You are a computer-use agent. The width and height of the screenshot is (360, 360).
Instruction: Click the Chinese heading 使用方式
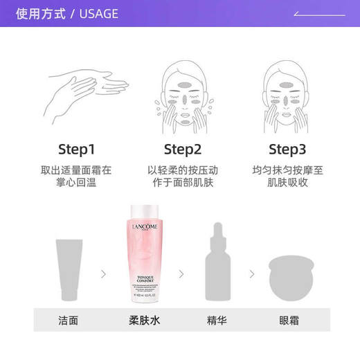[x=39, y=14]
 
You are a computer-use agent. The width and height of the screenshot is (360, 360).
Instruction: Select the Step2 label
[x=182, y=149]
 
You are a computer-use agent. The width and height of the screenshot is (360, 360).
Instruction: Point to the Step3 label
[x=287, y=149]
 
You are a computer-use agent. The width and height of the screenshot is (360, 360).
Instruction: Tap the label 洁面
[x=68, y=321]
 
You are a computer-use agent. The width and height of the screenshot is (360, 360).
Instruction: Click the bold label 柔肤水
[x=144, y=321]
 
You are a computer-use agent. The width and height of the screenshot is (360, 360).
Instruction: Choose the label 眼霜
[x=290, y=321]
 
